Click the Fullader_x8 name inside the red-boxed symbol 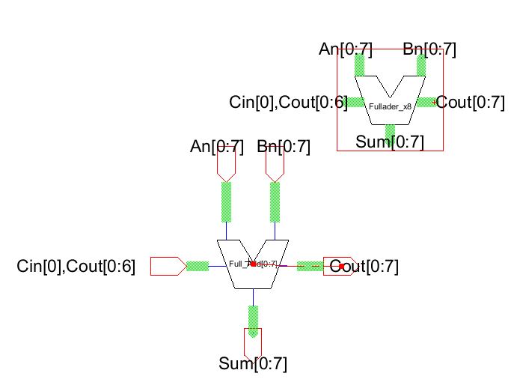tap(390, 107)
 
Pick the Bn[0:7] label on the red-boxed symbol tap(429, 50)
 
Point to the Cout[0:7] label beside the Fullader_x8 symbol tap(470, 103)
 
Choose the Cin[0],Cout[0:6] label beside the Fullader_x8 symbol tap(288, 103)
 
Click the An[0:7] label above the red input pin tap(217, 147)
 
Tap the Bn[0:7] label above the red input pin tap(283, 147)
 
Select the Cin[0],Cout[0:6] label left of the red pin tap(76, 266)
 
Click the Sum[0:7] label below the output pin tap(253, 365)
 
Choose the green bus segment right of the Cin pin tap(198, 266)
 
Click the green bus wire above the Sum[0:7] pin tap(254, 321)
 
